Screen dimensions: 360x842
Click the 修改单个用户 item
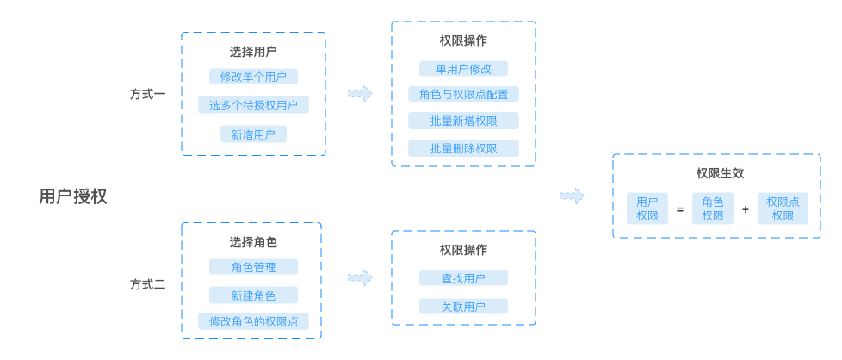tap(253, 77)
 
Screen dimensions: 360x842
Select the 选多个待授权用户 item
tap(253, 105)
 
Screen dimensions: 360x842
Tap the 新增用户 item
tap(253, 134)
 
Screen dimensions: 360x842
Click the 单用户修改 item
tap(463, 69)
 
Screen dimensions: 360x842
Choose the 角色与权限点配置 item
tap(463, 95)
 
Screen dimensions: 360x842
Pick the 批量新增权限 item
tap(463, 121)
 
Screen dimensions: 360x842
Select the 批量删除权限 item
tap(463, 148)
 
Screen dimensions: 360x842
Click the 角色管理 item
tap(253, 267)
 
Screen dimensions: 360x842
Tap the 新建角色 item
tap(253, 295)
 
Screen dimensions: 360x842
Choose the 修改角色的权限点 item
tap(253, 322)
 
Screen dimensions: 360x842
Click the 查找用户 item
tap(463, 278)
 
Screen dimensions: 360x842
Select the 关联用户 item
tap(463, 307)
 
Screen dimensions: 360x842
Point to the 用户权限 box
tap(647, 208)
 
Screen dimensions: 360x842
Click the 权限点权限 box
tap(783, 208)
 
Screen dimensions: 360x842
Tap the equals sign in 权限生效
tap(679, 209)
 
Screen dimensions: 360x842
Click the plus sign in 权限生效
tap(746, 209)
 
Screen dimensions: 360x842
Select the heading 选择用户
tap(253, 52)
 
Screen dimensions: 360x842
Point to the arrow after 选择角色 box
tap(360, 278)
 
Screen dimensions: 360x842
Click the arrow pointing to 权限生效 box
tap(572, 196)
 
